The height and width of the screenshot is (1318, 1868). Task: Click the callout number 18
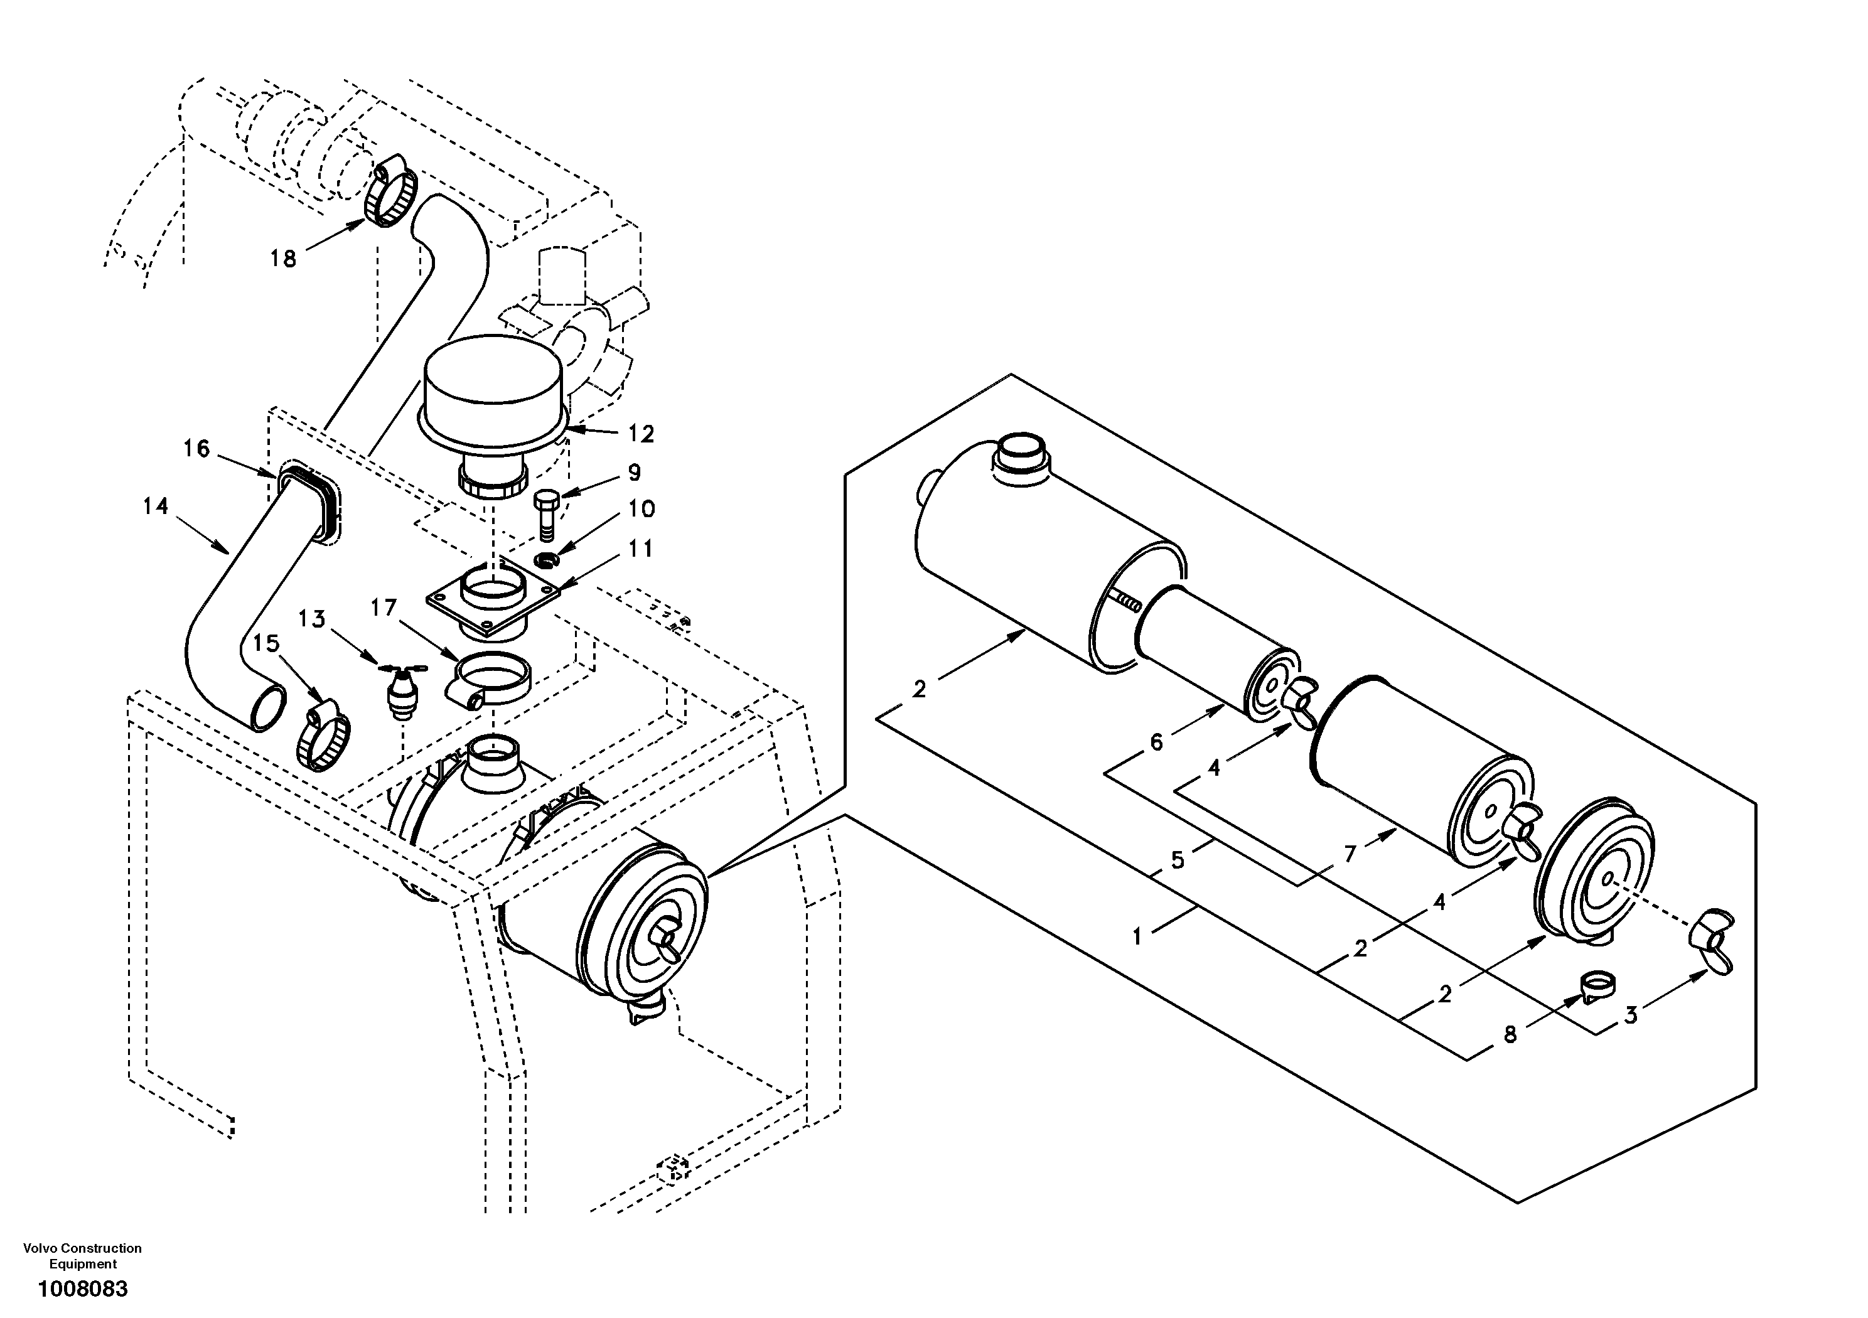tap(283, 259)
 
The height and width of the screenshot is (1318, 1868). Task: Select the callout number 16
tap(196, 448)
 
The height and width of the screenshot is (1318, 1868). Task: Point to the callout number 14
tap(156, 506)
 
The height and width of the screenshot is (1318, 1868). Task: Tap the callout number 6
tap(1156, 742)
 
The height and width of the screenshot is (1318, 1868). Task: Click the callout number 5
tap(1178, 860)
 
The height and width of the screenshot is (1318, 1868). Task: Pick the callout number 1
tap(1137, 936)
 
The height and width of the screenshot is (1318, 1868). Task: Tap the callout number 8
tap(1510, 1034)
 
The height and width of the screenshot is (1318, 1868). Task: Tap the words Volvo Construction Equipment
tap(82, 1255)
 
